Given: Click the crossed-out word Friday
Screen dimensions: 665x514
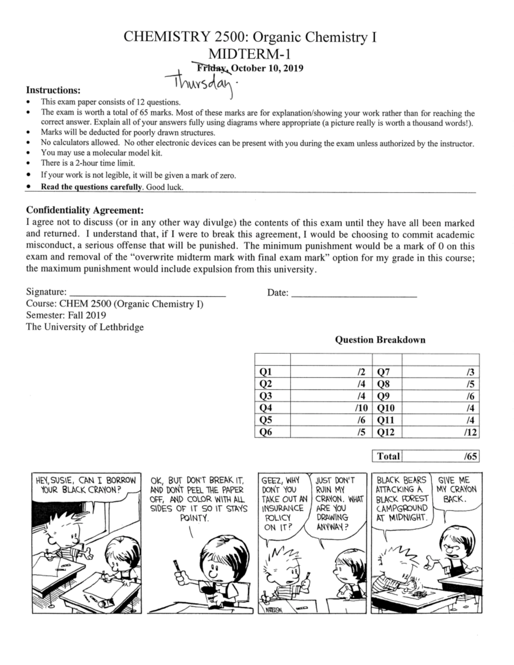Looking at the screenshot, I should click(x=211, y=68).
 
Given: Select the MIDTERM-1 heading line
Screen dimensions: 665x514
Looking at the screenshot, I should click(x=250, y=54).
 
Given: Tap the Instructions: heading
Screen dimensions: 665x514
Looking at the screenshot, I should click(x=53, y=90).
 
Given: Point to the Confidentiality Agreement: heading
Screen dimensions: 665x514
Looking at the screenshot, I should click(x=85, y=210).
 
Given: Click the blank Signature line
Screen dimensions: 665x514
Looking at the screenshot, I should click(x=147, y=293).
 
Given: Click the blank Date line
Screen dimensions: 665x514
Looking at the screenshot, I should click(x=353, y=293).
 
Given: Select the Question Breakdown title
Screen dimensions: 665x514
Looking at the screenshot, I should click(x=380, y=340).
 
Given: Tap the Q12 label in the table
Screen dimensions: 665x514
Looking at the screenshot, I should click(x=385, y=432).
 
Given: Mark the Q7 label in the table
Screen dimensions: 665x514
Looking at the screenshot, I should click(x=383, y=372).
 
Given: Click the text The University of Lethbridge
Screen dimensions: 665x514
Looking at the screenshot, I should click(x=85, y=327).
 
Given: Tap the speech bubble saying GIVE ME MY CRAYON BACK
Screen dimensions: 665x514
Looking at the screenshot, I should click(x=457, y=490).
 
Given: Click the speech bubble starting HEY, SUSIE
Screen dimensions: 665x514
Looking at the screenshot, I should click(x=86, y=485).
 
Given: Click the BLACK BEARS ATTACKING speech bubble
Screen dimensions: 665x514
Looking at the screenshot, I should click(x=401, y=498).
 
